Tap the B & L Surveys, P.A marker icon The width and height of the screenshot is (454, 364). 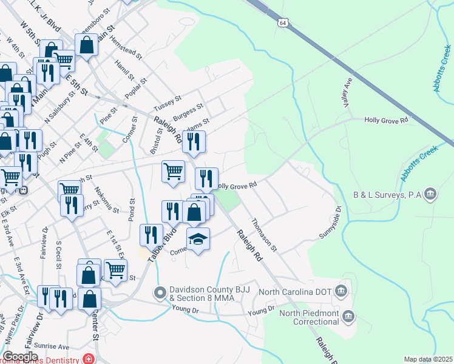(430, 194)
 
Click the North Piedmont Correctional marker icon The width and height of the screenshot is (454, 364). (348, 315)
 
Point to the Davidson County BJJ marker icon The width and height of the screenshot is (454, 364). (160, 293)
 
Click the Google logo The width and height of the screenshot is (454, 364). (21, 357)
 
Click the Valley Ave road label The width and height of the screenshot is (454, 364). (348, 90)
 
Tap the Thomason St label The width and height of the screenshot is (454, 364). (264, 235)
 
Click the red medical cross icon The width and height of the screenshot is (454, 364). (89, 359)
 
